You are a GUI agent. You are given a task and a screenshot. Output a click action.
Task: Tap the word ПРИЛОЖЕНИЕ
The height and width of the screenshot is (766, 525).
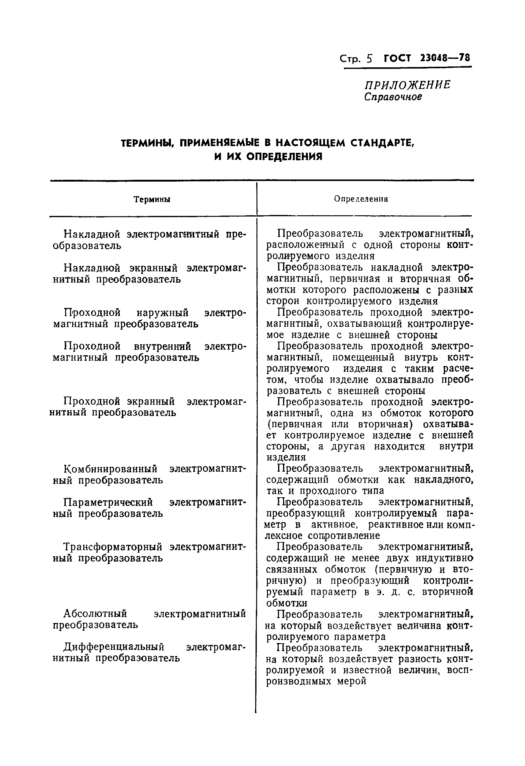pos(407,85)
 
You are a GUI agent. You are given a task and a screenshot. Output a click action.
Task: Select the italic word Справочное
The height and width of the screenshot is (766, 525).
pos(393,97)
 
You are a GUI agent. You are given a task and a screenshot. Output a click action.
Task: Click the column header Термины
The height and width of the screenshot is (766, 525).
pos(152,200)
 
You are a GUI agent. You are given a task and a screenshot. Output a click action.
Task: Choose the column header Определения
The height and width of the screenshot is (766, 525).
pos(361,199)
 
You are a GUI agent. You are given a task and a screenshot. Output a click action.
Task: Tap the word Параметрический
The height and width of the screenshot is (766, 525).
pos(108,502)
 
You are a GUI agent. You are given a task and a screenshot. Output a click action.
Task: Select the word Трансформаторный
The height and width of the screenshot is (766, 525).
pos(112,547)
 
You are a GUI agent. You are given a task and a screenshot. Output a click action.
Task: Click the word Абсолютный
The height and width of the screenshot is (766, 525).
pos(95,614)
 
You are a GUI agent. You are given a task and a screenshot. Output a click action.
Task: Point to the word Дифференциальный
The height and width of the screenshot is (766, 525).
pos(114,647)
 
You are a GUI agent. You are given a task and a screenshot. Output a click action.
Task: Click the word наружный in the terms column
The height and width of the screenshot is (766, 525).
pos(162,312)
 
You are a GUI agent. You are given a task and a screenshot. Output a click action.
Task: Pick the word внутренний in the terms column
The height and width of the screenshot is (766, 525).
pos(162,346)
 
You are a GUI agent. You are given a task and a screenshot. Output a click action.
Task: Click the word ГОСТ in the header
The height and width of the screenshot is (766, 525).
pos(398,58)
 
